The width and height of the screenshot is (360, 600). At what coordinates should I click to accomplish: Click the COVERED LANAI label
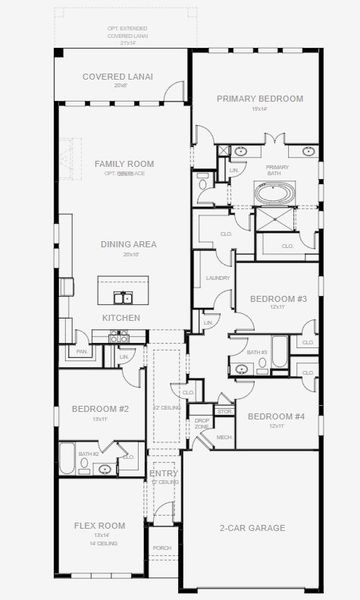[118, 77]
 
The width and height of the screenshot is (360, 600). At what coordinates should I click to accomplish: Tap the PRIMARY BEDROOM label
[260, 98]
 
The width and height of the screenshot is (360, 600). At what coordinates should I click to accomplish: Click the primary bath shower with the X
[276, 213]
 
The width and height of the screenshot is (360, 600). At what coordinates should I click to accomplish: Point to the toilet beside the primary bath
[204, 184]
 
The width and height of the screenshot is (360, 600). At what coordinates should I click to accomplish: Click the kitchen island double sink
[123, 297]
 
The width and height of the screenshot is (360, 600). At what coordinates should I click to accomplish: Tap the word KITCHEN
[121, 318]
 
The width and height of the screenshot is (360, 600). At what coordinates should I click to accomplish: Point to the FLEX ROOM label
[100, 525]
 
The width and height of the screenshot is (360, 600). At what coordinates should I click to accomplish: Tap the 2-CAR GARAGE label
[252, 527]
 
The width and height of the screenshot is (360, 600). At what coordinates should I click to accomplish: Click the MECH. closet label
[224, 436]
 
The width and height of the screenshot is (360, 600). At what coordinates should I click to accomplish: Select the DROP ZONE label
[202, 423]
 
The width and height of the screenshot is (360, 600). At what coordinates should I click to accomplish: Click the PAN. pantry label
[81, 352]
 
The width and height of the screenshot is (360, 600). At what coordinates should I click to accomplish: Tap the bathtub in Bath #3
[279, 353]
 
